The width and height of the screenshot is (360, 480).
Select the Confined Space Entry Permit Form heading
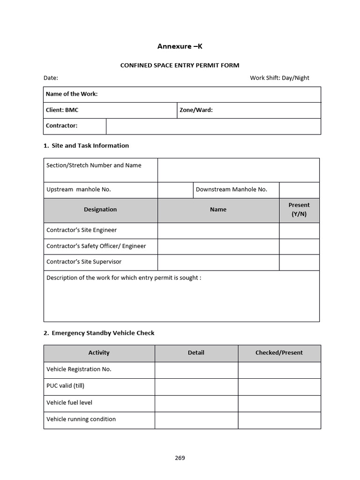click(180, 66)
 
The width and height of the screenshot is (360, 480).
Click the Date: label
click(51, 78)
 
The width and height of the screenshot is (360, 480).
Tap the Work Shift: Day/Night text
click(279, 78)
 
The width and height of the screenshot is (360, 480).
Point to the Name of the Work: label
click(72, 94)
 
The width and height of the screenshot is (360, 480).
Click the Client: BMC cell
click(110, 110)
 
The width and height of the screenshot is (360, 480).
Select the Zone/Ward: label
click(196, 110)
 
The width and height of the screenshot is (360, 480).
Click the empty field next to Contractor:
click(213, 126)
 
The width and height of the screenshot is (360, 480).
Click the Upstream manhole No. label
click(78, 190)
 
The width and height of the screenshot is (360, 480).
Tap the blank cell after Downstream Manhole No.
click(299, 190)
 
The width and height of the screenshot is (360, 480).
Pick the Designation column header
click(100, 210)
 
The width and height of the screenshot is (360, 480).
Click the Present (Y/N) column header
click(299, 210)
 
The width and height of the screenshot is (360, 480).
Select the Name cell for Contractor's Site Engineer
click(218, 231)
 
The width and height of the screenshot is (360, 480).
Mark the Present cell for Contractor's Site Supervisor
click(299, 262)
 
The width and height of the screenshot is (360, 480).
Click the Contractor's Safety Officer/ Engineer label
click(96, 246)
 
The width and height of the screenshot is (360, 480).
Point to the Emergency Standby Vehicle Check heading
click(103, 333)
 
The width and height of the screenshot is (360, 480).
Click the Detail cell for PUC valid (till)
click(196, 386)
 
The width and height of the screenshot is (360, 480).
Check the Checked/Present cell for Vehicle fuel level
click(279, 403)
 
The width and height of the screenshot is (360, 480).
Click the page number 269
click(180, 458)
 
